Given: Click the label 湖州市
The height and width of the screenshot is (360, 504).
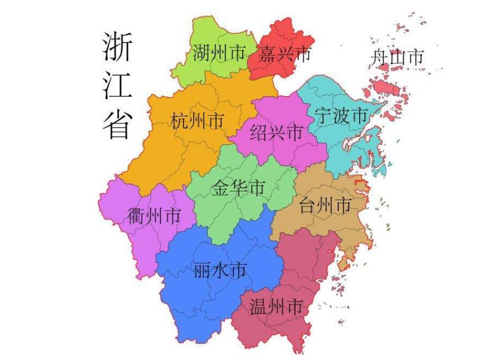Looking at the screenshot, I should pos(219,55).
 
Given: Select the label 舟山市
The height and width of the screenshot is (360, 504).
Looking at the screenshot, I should pos(397,57).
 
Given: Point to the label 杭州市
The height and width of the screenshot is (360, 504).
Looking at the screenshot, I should pos(197,121).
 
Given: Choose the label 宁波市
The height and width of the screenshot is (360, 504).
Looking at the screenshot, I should pos(341,116).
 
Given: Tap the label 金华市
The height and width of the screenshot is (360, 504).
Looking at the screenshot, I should pos(239,188).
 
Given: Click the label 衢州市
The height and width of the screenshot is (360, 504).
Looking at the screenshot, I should pos(154,216).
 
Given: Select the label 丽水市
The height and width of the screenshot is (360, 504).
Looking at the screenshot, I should pos(220,270).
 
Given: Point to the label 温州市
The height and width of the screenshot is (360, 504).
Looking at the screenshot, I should pos(276,308).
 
